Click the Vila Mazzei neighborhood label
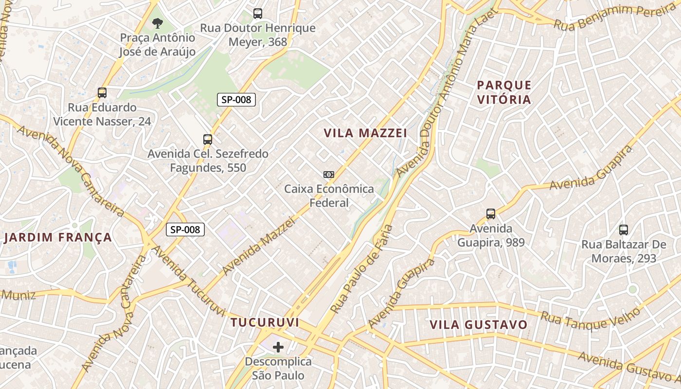[365, 133]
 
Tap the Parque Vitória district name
[504, 92]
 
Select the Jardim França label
[58, 238]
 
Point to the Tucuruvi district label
[265, 322]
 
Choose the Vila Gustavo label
[479, 324]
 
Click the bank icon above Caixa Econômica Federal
[329, 175]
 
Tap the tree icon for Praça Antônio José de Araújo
[157, 22]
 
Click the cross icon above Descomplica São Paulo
[278, 347]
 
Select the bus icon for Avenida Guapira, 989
[491, 213]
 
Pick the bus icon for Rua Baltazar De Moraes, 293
[624, 230]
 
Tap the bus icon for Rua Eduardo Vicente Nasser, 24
[102, 92]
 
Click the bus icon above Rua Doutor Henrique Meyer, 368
[258, 14]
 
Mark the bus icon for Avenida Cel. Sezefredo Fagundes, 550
[208, 140]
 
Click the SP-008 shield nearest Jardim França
[185, 230]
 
